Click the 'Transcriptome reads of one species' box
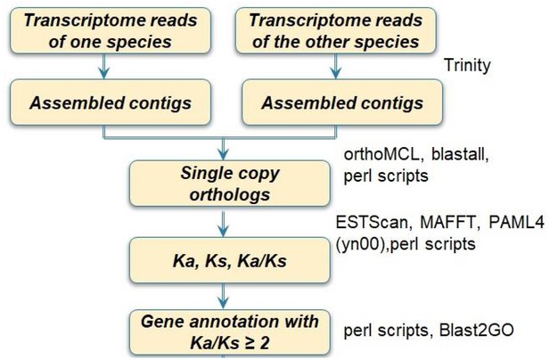click(x=111, y=31)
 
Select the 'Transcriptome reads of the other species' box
click(x=336, y=31)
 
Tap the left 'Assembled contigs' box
click(x=111, y=102)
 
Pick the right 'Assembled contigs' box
click(x=342, y=102)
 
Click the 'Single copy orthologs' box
click(x=230, y=184)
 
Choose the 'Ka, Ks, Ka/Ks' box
click(x=230, y=260)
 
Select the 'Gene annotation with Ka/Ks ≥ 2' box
click(x=230, y=332)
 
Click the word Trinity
click(x=467, y=66)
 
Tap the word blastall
click(x=459, y=154)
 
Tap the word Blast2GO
click(x=476, y=331)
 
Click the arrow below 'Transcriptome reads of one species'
click(x=103, y=66)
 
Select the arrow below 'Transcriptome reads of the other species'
click(x=336, y=66)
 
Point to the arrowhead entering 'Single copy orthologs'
click(x=223, y=154)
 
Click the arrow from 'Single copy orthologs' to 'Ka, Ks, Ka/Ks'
click(x=223, y=224)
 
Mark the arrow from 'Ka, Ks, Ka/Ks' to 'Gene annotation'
click(x=223, y=296)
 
